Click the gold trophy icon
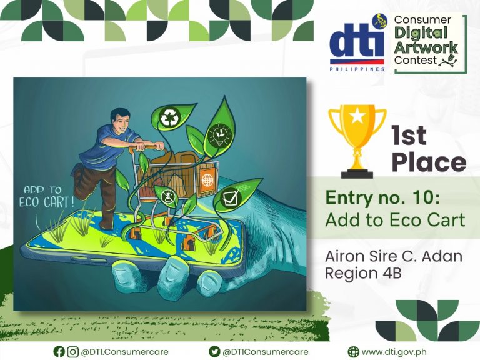tap(357, 141)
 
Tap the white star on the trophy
tap(357, 116)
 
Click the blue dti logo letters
tap(357, 44)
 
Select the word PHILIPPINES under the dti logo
tap(357, 69)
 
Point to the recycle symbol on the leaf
tap(169, 117)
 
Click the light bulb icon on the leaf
tap(220, 136)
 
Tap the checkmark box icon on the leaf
tap(230, 197)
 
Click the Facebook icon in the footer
tap(59, 352)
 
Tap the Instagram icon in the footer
tap(72, 352)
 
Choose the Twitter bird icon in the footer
tap(214, 352)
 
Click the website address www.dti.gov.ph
tap(394, 352)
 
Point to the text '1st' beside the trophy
tap(409, 136)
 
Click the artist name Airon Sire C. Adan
tap(394, 256)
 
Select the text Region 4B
tap(363, 273)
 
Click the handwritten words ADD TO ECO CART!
tap(46, 197)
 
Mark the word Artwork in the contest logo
tap(426, 47)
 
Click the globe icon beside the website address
tap(354, 352)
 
